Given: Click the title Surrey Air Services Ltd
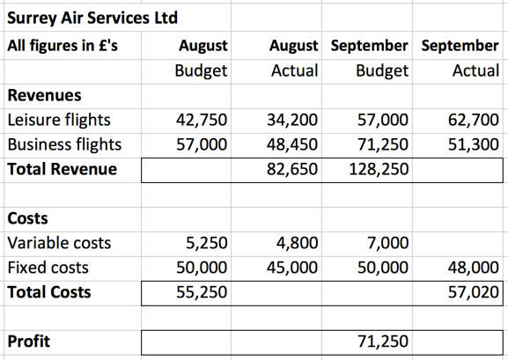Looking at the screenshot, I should [x=92, y=17].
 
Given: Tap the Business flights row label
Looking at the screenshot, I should [x=63, y=144].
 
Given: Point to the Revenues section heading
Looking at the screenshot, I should [x=44, y=95].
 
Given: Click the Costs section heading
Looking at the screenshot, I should [x=27, y=218].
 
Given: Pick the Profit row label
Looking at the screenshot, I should [x=29, y=341].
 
